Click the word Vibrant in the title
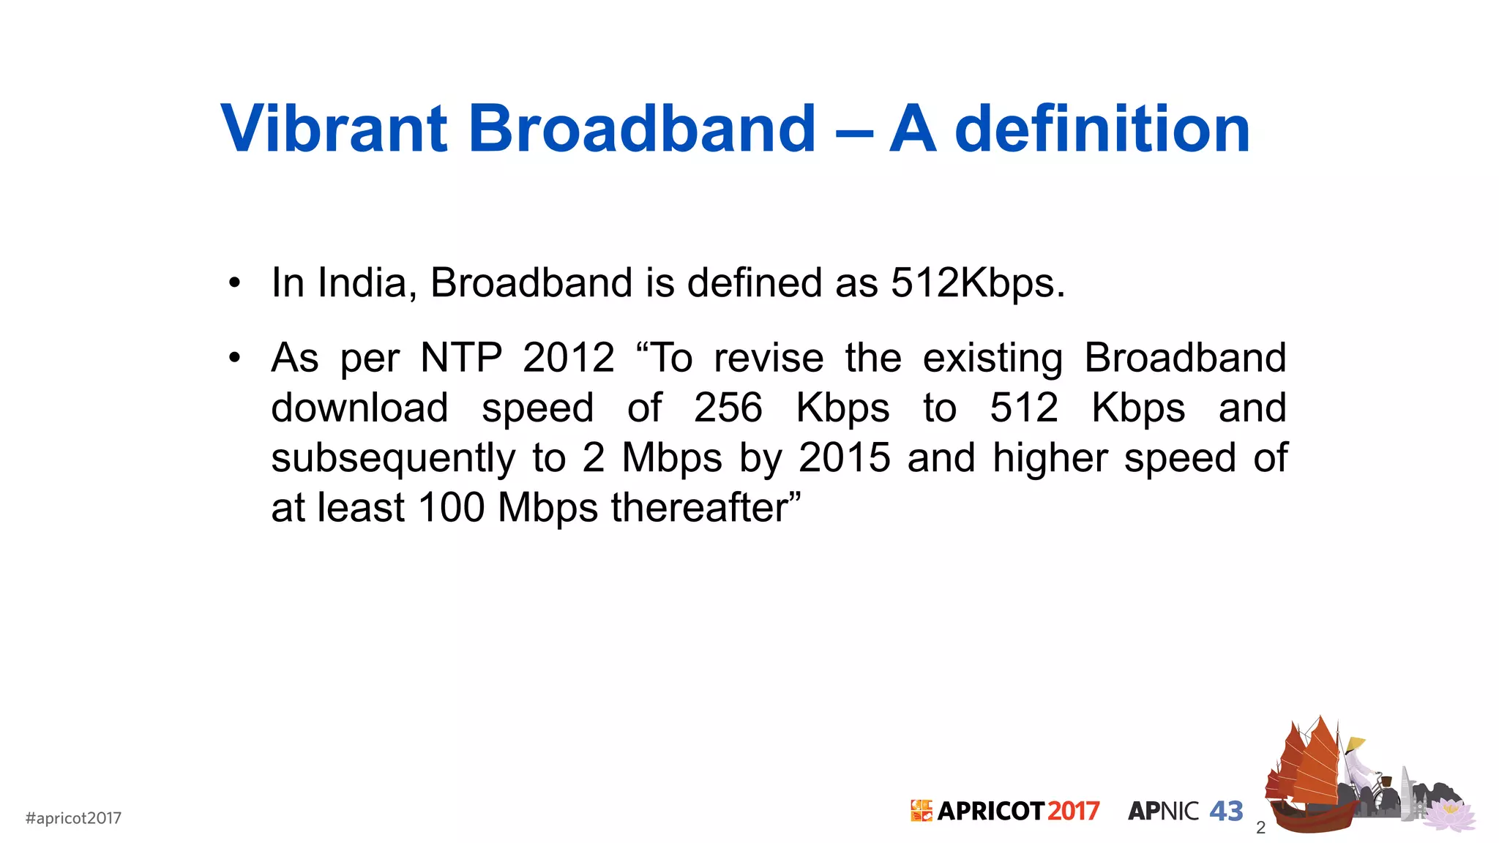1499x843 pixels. click(x=334, y=129)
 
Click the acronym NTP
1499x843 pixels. click(x=460, y=358)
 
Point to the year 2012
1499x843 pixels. click(x=568, y=358)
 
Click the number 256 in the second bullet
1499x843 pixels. click(x=728, y=408)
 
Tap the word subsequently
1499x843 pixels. click(x=393, y=458)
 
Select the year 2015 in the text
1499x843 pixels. click(x=844, y=458)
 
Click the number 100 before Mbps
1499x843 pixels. click(x=451, y=507)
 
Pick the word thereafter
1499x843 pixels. click(x=706, y=507)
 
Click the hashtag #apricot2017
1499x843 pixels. click(x=73, y=818)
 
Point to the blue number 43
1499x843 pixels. click(x=1226, y=811)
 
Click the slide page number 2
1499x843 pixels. click(x=1260, y=828)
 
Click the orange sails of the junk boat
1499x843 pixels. click(x=1310, y=765)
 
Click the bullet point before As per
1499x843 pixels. click(x=233, y=358)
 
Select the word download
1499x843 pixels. click(x=359, y=408)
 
